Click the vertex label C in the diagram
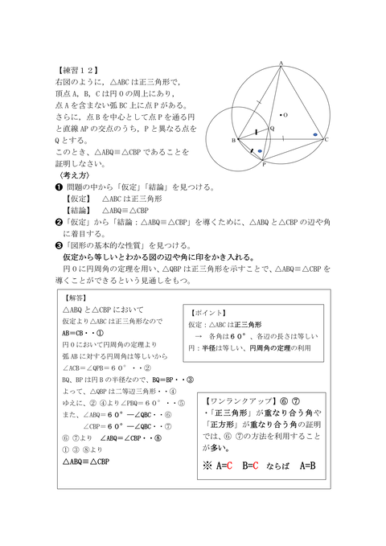[327, 139]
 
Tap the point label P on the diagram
[263, 164]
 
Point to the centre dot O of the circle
[278, 114]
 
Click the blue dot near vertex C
[315, 134]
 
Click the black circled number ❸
[58, 244]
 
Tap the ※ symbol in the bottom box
[207, 465]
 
